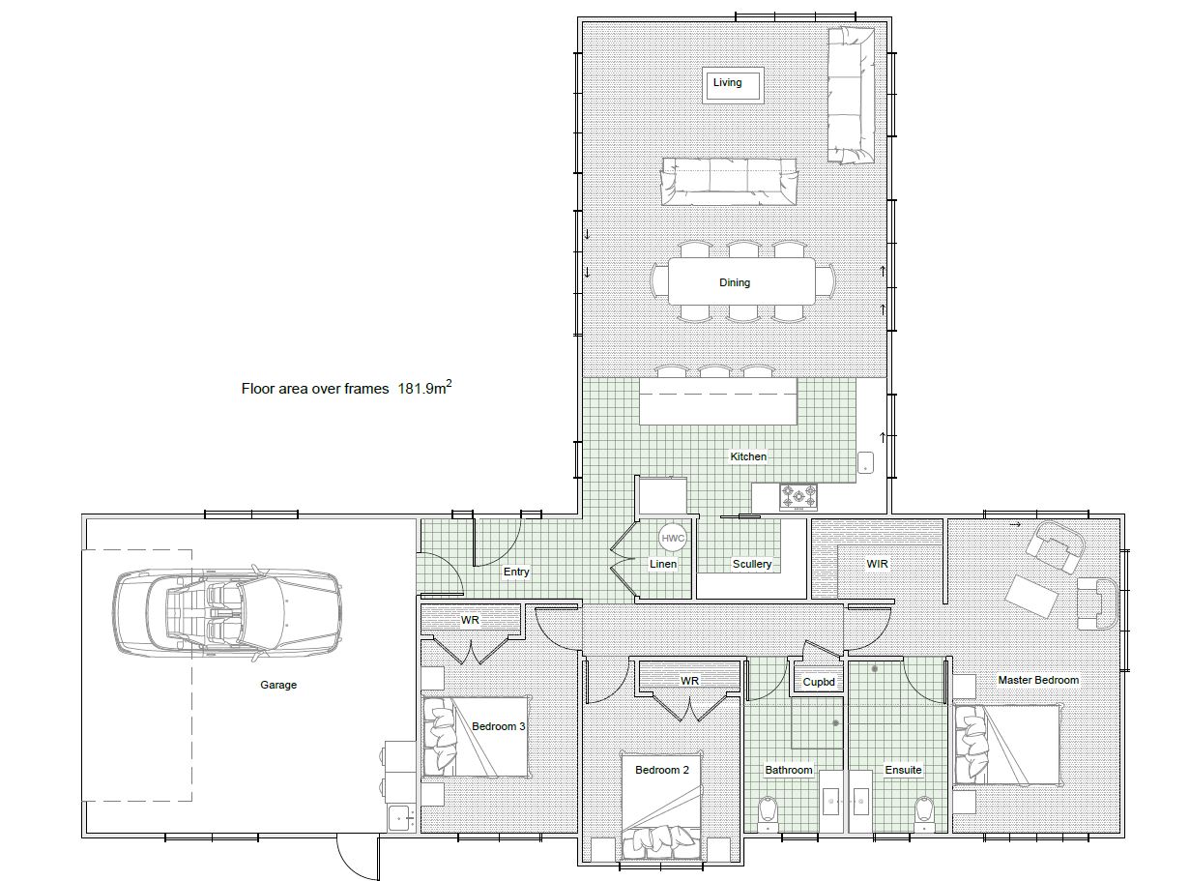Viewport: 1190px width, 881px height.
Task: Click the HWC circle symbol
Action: tap(671, 538)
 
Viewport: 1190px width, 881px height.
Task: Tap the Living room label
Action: tap(728, 83)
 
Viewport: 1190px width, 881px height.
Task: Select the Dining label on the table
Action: tap(734, 282)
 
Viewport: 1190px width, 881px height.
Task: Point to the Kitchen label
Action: tap(747, 456)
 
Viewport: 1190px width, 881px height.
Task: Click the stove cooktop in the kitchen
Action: tap(798, 497)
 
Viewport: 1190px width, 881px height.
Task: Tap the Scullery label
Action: tap(751, 564)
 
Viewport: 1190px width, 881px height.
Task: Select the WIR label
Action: tap(877, 562)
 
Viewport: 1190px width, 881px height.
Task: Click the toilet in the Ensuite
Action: tap(925, 812)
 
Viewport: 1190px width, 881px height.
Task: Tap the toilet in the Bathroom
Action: tap(769, 812)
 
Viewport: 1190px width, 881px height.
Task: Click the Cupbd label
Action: tap(818, 682)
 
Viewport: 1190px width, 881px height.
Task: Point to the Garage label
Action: tap(278, 685)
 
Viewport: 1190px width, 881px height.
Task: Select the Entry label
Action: tap(516, 572)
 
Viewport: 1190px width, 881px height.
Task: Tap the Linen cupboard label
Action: tap(663, 564)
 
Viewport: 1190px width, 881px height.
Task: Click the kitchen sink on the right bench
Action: tap(865, 463)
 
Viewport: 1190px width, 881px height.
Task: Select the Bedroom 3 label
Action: tap(498, 726)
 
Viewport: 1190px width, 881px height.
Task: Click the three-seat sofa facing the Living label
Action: tap(730, 181)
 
